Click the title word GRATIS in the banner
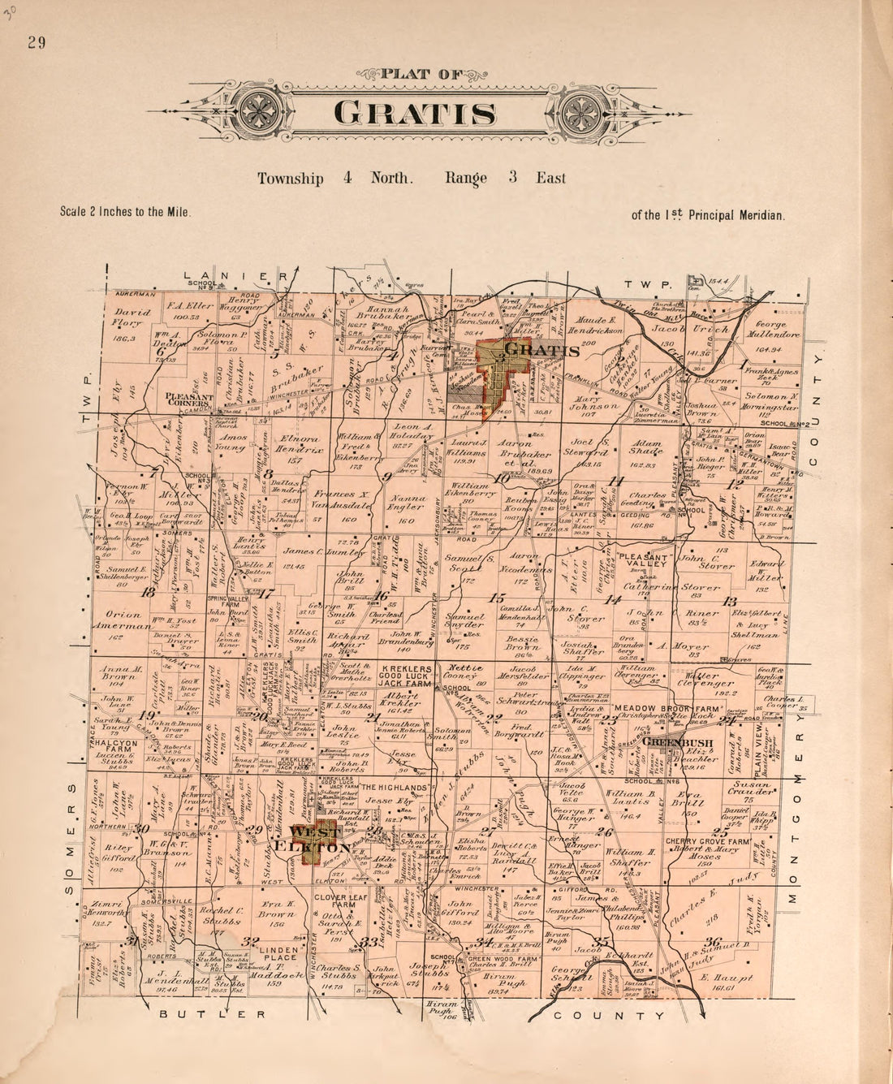415,112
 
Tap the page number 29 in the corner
36,43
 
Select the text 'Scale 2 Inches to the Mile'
125,211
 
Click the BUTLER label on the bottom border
212,1014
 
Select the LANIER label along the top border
235,276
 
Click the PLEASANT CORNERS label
188,401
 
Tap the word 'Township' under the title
290,179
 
